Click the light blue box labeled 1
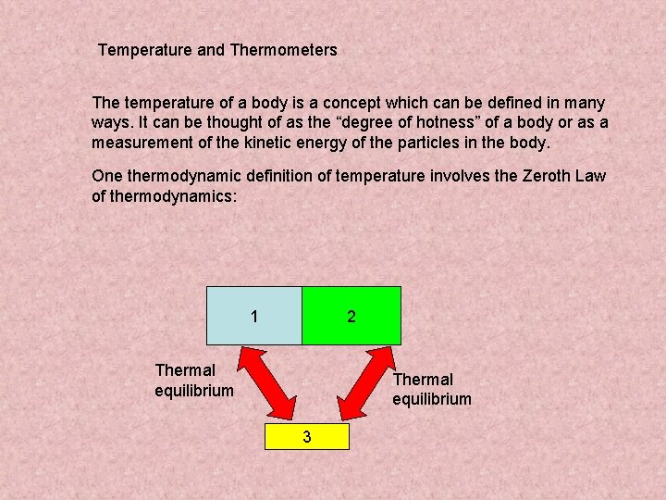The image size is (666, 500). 254,316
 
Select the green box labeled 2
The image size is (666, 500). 351,316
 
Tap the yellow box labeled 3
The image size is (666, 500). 307,436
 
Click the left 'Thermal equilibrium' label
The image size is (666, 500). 194,381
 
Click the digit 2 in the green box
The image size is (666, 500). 351,317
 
